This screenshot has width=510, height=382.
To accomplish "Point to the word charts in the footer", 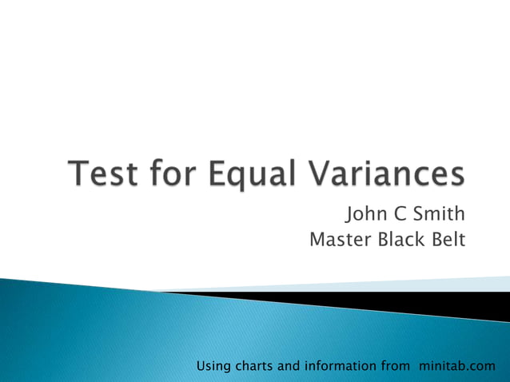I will click(x=253, y=367).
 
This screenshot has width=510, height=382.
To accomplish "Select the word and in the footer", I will click(x=289, y=367).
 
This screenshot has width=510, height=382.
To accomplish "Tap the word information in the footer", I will click(x=340, y=367).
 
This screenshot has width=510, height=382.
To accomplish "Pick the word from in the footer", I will click(x=392, y=367).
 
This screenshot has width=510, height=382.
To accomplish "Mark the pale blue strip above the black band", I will click(x=400, y=285).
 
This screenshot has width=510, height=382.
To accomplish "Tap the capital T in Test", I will click(x=80, y=175).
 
